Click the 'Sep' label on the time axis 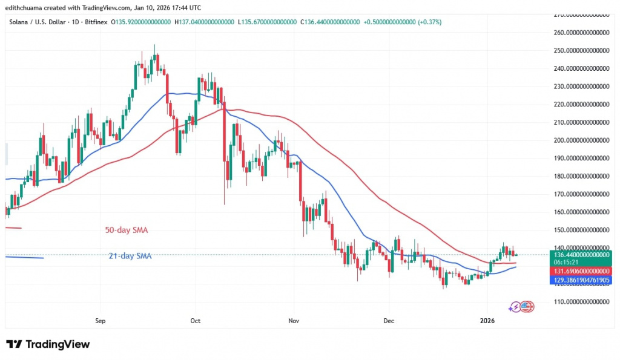(101, 321)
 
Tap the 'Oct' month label (195, 321)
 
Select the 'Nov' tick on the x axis (293, 321)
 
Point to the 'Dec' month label (389, 321)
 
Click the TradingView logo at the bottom (48, 344)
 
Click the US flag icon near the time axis (527, 307)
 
